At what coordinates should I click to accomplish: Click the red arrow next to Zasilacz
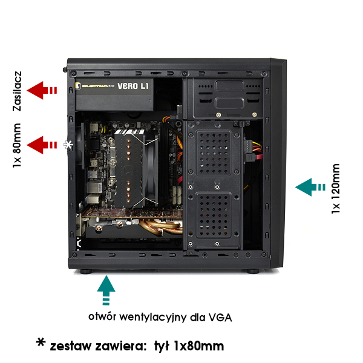coord(42,90)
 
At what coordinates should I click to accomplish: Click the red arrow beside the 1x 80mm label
coord(42,145)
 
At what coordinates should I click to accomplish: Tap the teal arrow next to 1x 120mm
coord(310,187)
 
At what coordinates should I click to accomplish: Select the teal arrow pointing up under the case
coord(106,290)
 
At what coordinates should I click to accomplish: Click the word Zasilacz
coord(17,91)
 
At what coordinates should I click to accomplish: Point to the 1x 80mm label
coord(17,145)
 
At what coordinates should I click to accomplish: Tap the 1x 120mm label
coord(336,188)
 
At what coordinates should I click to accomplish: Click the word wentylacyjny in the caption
coord(153,317)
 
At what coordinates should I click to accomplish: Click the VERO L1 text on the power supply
coord(133,86)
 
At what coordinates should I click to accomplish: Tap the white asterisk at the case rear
coord(68,145)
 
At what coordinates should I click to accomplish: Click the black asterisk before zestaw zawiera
coord(41,342)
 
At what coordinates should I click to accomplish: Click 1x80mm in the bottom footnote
coord(199,346)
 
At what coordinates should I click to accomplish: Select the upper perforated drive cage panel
coord(214,153)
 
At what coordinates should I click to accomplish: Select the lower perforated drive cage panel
coord(214,214)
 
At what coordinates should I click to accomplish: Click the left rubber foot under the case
coord(87,271)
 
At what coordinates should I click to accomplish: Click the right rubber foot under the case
coord(253,271)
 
